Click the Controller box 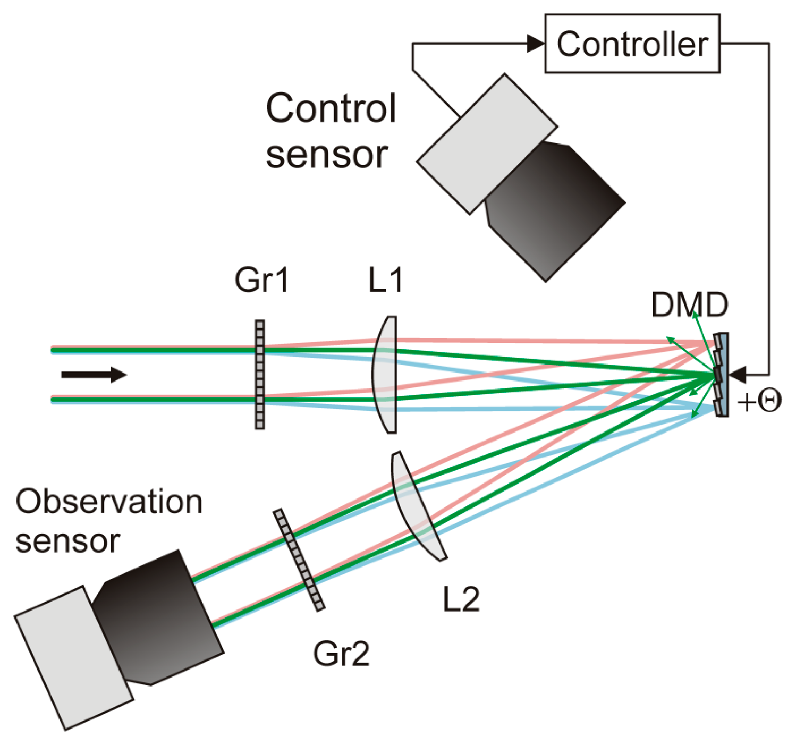click(x=632, y=44)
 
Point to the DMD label click(x=689, y=305)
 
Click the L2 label click(x=461, y=599)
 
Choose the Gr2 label click(x=341, y=653)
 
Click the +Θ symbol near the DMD click(x=759, y=401)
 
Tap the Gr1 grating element click(x=260, y=374)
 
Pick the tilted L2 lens click(x=418, y=505)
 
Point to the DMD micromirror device click(x=721, y=375)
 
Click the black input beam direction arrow click(x=94, y=375)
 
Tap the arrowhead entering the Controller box click(x=535, y=44)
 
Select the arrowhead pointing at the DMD click(x=738, y=375)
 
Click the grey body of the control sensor click(x=486, y=144)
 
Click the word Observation click(x=109, y=502)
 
